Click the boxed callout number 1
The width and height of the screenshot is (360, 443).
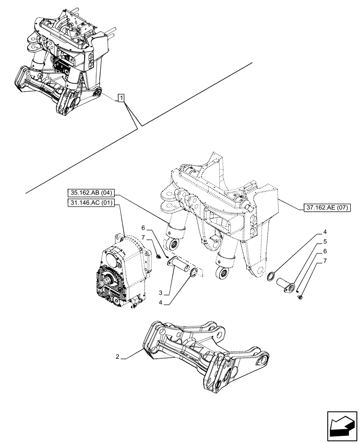tap(121, 97)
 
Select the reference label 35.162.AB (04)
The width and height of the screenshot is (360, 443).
tap(92, 193)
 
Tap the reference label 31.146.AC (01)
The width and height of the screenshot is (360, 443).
tap(92, 203)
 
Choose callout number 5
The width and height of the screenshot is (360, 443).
tap(325, 242)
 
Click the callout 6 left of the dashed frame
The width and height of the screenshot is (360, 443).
tap(143, 228)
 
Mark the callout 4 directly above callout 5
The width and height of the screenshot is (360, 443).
tap(325, 232)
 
